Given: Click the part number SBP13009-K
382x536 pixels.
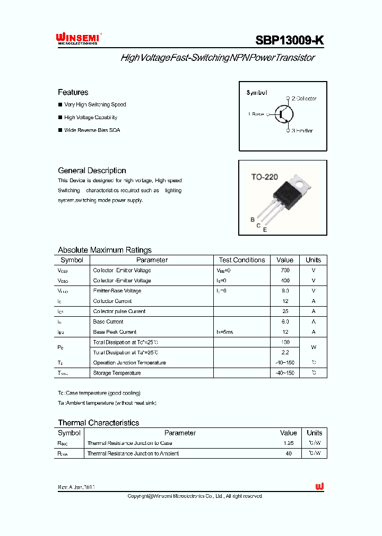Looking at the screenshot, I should pos(289,40).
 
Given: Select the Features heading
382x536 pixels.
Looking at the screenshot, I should pos(73,92).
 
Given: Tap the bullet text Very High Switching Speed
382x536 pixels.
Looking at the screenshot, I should pos(95,105).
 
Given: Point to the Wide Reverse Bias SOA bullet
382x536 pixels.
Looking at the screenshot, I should pos(92,130).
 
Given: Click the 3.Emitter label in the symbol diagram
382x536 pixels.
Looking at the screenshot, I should pos(302,130).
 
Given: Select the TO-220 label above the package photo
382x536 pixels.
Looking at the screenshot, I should pos(264,177).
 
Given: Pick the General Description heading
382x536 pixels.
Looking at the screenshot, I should pos(92,171).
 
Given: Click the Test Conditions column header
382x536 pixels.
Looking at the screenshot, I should pos(241,260).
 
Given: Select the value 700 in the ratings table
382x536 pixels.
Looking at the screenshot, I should pos(285,270).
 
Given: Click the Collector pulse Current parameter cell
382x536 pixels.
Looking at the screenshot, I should pos(119,311).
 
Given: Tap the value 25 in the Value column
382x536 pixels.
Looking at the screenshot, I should pos(285,311).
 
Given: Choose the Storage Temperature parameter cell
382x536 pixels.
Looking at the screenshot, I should pos(117,373).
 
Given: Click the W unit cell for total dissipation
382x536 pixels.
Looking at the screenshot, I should pos(313,347).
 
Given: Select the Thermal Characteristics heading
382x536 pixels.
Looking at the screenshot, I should pos(98,423).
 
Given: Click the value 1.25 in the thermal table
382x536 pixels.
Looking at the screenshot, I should pos(289,443).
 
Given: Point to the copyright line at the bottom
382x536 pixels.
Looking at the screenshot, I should pos(195,496).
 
